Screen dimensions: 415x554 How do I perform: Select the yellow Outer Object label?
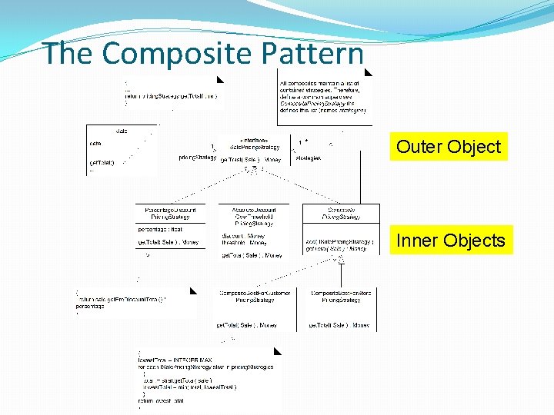[449, 146]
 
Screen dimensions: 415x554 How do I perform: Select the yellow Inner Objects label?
[450, 241]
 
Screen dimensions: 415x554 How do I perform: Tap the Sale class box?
[122, 150]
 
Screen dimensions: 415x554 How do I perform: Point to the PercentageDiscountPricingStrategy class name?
[170, 214]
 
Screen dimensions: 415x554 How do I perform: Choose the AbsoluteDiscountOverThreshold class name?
[253, 216]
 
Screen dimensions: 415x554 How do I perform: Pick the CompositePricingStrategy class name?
[341, 214]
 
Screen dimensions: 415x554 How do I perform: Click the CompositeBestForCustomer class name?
[253, 297]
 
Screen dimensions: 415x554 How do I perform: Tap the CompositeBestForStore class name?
[341, 297]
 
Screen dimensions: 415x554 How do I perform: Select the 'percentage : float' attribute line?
[161, 229]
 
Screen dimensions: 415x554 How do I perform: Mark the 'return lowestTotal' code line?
[162, 400]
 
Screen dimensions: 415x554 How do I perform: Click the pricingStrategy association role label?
[197, 158]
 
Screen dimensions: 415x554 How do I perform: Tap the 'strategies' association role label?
[307, 158]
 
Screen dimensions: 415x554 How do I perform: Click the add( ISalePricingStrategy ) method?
[339, 241]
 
